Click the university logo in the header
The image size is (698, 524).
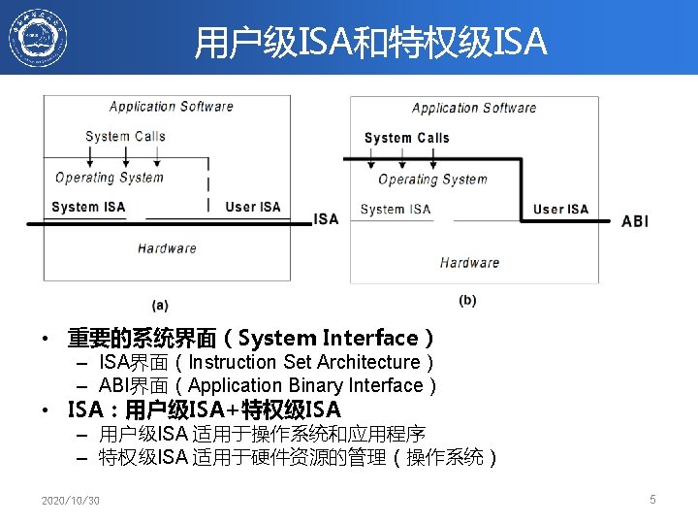[38, 38]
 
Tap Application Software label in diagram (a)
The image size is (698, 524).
[171, 107]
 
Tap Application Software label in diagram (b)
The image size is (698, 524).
[473, 108]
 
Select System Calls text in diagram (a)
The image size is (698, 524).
[125, 136]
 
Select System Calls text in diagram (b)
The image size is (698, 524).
[406, 138]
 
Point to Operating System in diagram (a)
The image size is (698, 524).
[110, 177]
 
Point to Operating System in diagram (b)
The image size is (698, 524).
[432, 179]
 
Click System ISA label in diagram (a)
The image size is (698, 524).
[88, 207]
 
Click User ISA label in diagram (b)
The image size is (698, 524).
[560, 209]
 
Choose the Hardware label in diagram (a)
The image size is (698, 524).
[167, 248]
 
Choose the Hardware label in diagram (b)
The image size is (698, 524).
[469, 262]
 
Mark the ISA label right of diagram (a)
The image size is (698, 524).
[327, 218]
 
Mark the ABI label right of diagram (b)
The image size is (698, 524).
[635, 221]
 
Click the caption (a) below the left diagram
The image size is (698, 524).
[161, 305]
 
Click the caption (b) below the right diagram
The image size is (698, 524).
[467, 301]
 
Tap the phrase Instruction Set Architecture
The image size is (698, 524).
[304, 362]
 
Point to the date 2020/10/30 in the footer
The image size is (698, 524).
[70, 501]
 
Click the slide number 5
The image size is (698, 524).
[652, 499]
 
